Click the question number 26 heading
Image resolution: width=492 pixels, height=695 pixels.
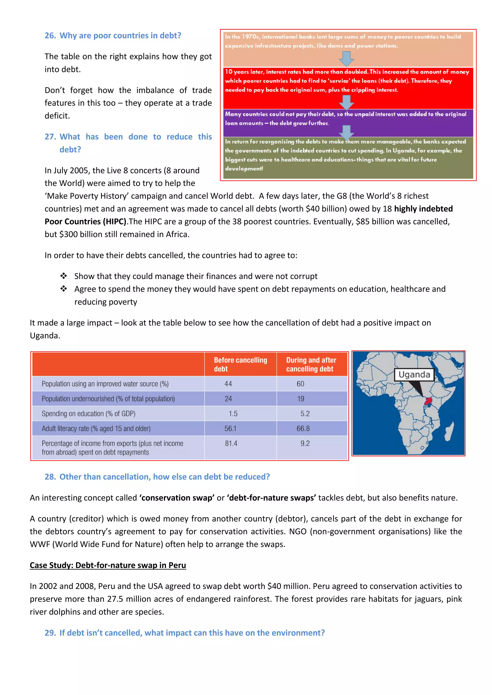(50, 36)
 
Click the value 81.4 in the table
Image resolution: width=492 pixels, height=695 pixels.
(231, 443)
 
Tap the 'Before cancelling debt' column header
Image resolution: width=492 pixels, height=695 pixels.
(240, 365)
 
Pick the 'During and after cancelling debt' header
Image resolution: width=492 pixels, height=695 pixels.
(311, 365)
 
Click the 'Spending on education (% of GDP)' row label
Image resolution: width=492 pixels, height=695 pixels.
(88, 414)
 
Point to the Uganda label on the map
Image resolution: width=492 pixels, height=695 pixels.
(414, 375)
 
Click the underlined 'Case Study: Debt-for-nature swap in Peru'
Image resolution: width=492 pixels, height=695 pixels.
(108, 565)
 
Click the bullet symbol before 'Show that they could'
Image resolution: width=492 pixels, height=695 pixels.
(64, 276)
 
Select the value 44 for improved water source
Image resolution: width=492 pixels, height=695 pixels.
(228, 384)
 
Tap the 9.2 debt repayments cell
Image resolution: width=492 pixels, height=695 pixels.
(305, 443)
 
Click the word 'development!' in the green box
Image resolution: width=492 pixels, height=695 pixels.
(244, 169)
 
